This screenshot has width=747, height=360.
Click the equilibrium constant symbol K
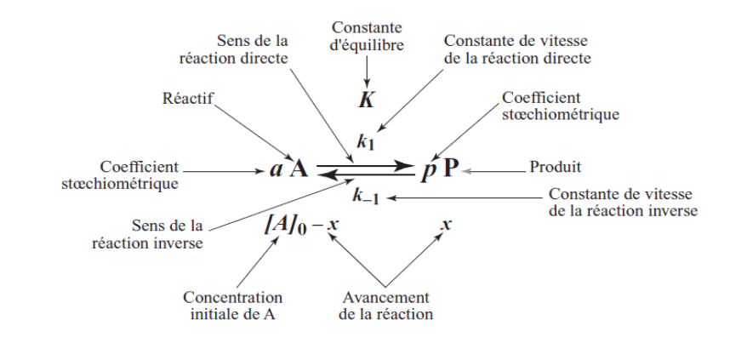coord(366,100)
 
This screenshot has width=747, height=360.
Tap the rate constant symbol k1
coord(367,141)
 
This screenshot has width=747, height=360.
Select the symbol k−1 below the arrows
coord(366,197)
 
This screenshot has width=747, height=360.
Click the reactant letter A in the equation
coord(299,168)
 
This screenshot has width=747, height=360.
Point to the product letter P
coord(449,168)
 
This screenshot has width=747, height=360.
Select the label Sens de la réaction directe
coord(234,49)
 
